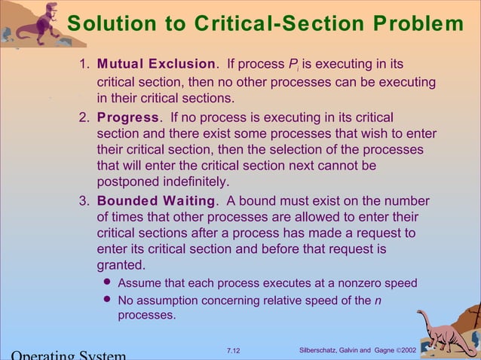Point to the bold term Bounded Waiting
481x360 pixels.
tap(156, 201)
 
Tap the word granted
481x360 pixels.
tap(121, 265)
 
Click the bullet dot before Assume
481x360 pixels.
tap(106, 283)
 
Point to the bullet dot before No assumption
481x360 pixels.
tap(106, 301)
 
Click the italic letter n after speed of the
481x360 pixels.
tap(377, 301)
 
